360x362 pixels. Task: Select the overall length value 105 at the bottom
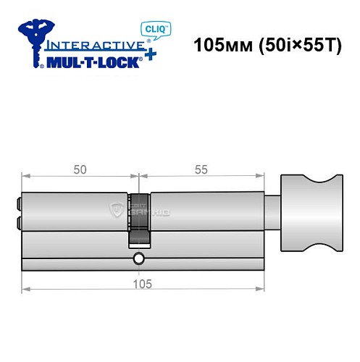(143, 284)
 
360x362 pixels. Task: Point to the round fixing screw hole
(138, 259)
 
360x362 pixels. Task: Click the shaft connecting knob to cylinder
(275, 214)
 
